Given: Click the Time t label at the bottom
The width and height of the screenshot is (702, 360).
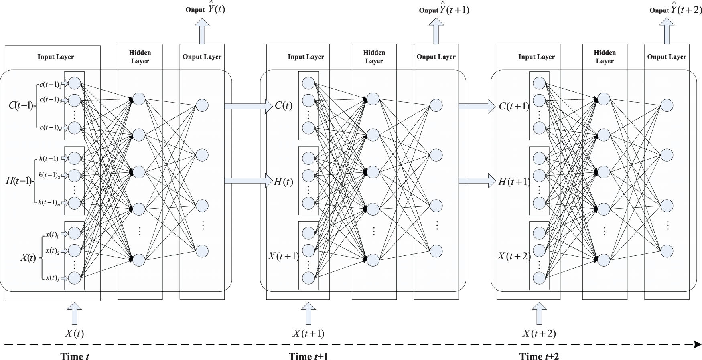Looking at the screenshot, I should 75,356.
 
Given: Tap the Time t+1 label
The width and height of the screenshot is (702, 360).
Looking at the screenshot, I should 308,356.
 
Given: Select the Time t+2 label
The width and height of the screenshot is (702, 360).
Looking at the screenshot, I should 539,356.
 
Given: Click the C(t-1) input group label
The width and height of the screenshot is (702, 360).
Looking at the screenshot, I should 21,106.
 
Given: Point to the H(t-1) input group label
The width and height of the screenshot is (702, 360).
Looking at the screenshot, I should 18,181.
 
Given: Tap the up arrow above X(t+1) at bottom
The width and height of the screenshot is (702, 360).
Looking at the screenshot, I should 308,313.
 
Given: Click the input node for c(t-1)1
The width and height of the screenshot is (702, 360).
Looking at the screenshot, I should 75,83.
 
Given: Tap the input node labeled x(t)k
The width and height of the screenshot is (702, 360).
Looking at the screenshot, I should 75,277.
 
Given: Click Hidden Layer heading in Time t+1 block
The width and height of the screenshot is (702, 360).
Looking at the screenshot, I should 374,57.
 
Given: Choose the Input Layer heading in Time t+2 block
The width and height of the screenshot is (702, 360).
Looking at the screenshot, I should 536,57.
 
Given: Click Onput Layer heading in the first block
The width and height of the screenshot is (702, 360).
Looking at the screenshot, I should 202,57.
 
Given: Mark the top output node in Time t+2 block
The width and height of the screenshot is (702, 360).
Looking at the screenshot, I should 667,105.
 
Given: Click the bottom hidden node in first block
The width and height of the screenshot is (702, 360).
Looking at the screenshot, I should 139,259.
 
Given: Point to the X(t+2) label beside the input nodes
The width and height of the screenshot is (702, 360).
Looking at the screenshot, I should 514,256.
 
